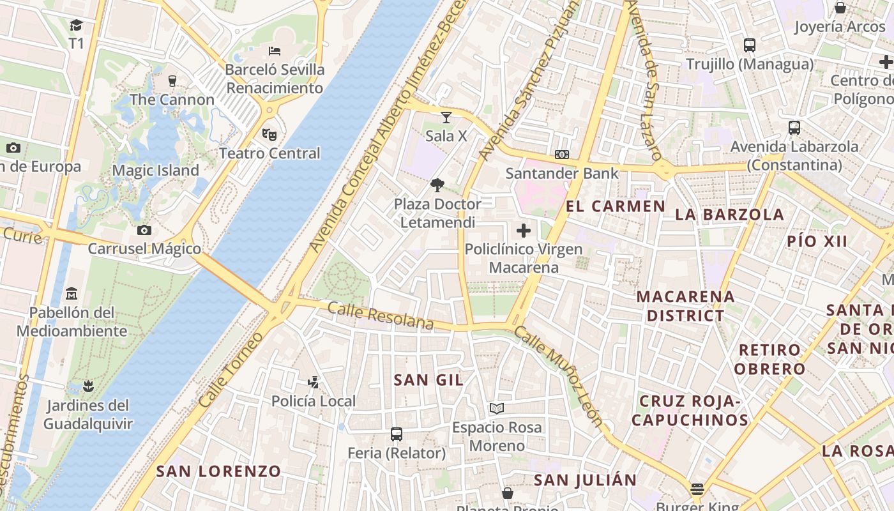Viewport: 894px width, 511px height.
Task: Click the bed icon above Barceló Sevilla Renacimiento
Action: (275, 51)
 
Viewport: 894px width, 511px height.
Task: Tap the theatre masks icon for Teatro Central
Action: (269, 135)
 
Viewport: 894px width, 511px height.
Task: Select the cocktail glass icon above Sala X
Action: (446, 118)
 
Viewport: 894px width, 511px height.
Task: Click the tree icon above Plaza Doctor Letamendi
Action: (437, 186)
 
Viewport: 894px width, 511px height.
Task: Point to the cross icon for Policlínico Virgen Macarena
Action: (524, 231)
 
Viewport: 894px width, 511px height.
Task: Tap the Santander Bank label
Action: (562, 173)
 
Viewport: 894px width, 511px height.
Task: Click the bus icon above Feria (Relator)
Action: (397, 434)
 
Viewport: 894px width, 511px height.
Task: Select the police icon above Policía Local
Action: (313, 383)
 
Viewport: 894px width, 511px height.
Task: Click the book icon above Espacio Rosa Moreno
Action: (497, 408)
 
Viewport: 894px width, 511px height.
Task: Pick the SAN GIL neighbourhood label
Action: (428, 380)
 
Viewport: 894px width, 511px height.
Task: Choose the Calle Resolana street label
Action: (381, 316)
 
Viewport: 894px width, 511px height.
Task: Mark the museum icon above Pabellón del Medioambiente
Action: (72, 294)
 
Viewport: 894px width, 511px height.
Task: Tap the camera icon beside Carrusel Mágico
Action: (144, 230)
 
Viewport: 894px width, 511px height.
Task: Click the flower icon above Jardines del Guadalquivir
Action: (88, 386)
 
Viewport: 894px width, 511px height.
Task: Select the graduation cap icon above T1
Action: (77, 25)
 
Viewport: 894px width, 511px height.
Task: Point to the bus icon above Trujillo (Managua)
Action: (750, 45)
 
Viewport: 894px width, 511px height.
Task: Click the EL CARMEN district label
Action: (616, 206)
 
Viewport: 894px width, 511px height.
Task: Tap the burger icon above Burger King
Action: (697, 490)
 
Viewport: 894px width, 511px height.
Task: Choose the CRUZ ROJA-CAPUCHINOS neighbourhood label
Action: (690, 411)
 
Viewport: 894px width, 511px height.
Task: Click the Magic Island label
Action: (156, 171)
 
